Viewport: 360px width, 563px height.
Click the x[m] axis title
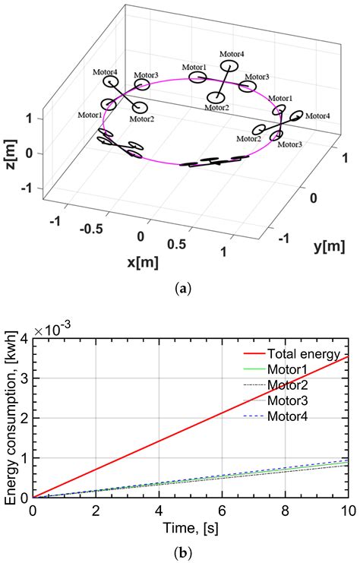tap(141, 262)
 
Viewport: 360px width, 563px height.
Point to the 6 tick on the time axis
tap(222, 509)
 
